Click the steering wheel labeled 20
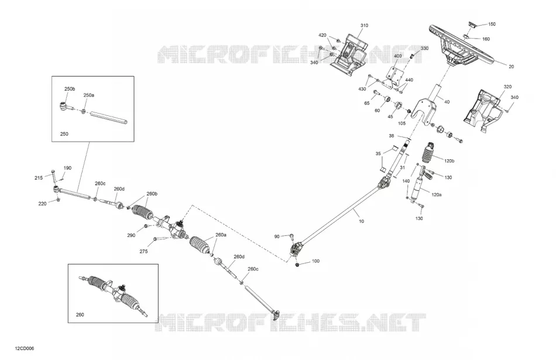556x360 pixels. [461, 46]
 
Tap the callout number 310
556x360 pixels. [364, 26]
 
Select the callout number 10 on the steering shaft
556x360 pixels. [361, 221]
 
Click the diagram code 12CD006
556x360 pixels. [25, 349]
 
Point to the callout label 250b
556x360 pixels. [70, 88]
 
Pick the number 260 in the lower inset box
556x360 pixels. [80, 314]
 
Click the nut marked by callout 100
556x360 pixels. [297, 265]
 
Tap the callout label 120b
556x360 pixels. [449, 161]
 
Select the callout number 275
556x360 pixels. [143, 252]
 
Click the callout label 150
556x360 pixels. [492, 24]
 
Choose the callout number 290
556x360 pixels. [131, 235]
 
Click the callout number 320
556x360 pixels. [507, 87]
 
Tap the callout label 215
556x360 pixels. [39, 178]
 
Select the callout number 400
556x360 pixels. [398, 56]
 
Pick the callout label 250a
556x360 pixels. [88, 95]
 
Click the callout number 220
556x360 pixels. [42, 204]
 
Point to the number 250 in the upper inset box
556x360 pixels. [64, 134]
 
